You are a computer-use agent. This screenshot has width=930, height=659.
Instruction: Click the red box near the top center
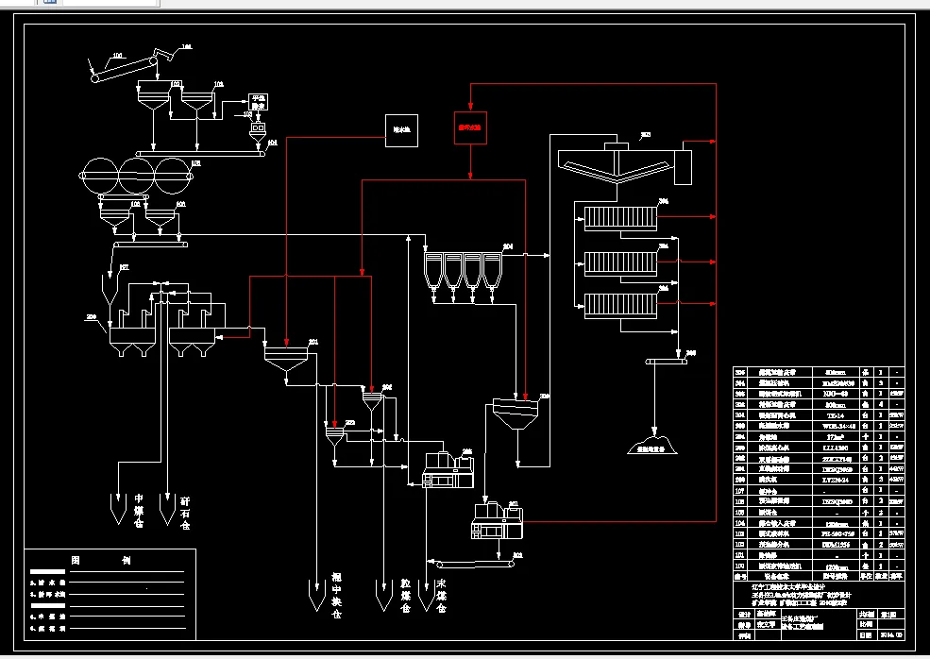[470, 127]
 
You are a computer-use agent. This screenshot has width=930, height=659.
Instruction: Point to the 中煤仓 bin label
[139, 511]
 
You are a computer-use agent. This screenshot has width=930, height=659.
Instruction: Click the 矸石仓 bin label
[185, 511]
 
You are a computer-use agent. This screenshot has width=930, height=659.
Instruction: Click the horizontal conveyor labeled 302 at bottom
[472, 563]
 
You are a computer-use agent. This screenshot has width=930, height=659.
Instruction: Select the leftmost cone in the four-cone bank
[433, 270]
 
